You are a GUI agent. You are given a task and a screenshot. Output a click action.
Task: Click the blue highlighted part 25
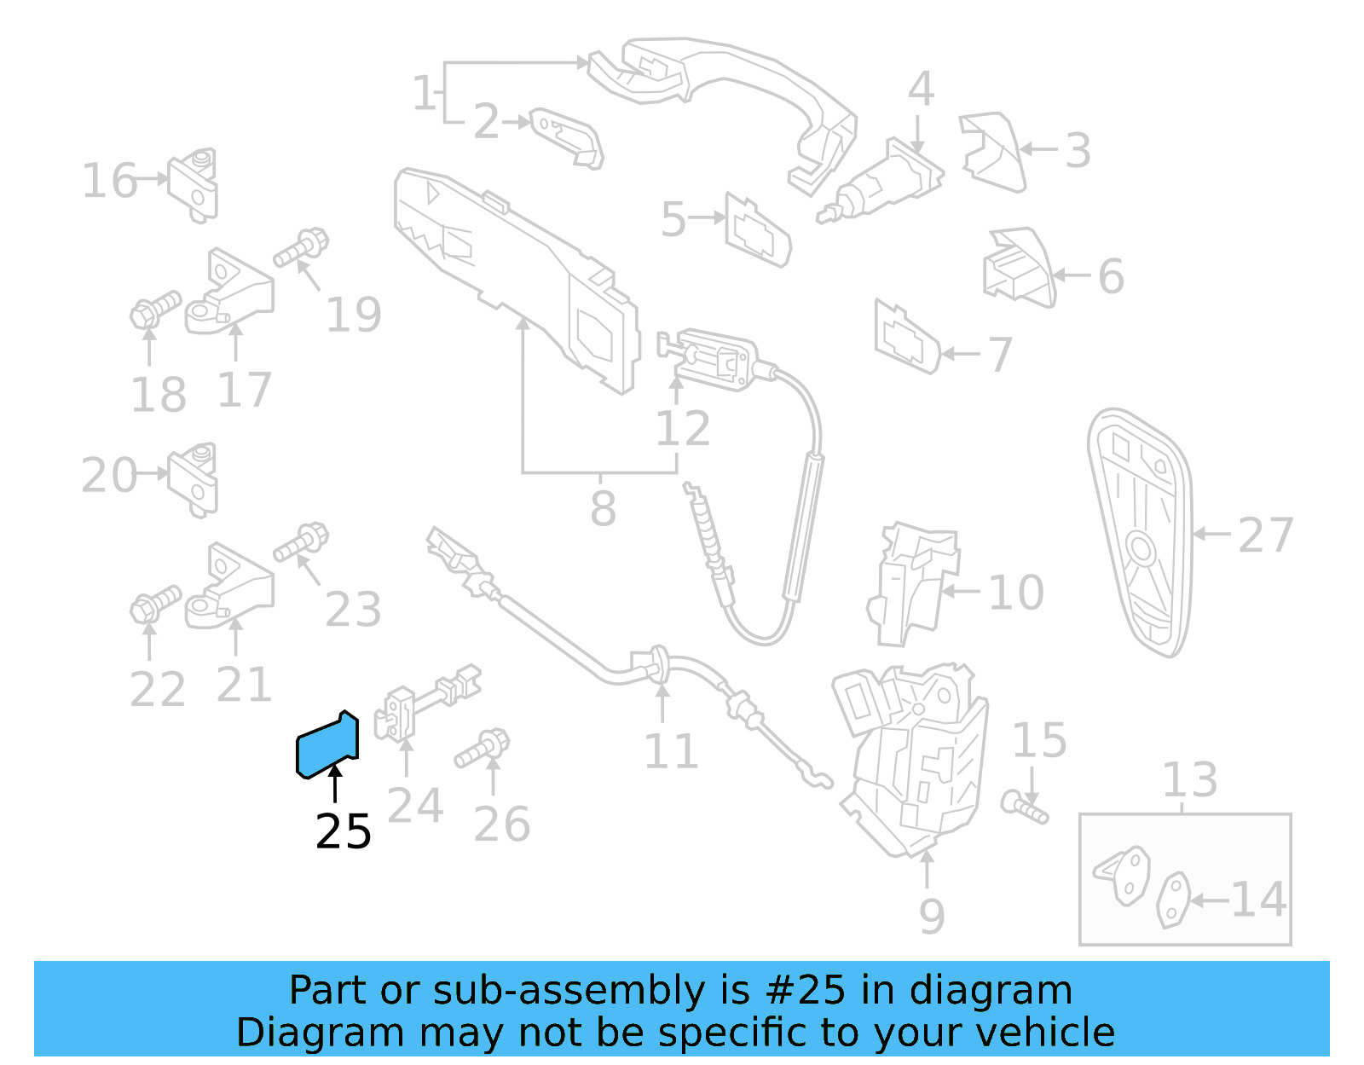tap(327, 745)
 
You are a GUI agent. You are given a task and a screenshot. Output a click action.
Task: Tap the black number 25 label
tap(344, 831)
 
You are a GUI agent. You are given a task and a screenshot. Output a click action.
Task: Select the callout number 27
tap(1265, 535)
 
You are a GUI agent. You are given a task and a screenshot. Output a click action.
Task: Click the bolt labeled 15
tap(1024, 807)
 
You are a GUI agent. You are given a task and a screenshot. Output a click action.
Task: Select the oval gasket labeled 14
tap(1174, 900)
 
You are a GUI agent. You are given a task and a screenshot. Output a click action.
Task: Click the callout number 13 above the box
tap(1190, 779)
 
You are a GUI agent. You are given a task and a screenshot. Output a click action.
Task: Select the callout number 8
tap(603, 509)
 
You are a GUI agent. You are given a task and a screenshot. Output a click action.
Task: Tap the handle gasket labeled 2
tap(567, 135)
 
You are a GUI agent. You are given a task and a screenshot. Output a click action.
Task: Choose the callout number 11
tap(671, 751)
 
